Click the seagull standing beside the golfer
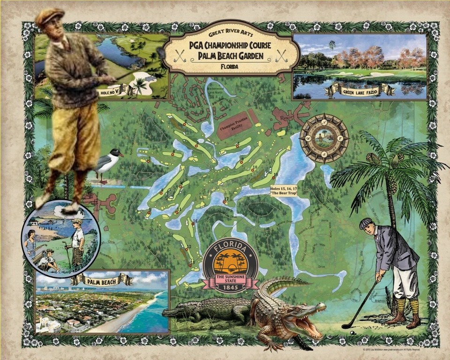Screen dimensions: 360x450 pyautogui.click(x=107, y=163)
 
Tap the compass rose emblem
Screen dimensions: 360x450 pyautogui.click(x=324, y=138)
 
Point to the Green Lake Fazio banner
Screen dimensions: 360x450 pyautogui.click(x=360, y=90)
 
